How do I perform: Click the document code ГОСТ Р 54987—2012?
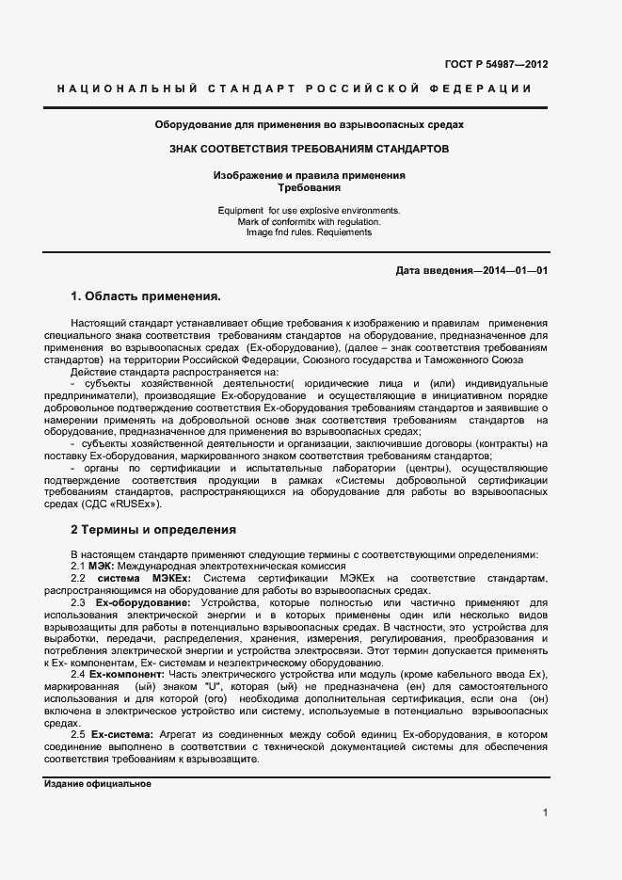click(496, 65)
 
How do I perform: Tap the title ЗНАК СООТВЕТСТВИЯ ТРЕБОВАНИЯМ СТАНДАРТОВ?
click(310, 149)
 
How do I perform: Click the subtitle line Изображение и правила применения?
click(310, 175)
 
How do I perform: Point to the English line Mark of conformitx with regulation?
click(310, 221)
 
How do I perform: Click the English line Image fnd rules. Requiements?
click(310, 232)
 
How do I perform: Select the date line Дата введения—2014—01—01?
click(472, 271)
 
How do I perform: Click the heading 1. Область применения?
click(146, 296)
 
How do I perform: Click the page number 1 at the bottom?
click(545, 812)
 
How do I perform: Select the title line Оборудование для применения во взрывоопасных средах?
click(310, 124)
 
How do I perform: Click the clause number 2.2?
click(78, 576)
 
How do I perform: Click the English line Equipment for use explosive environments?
click(310, 210)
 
